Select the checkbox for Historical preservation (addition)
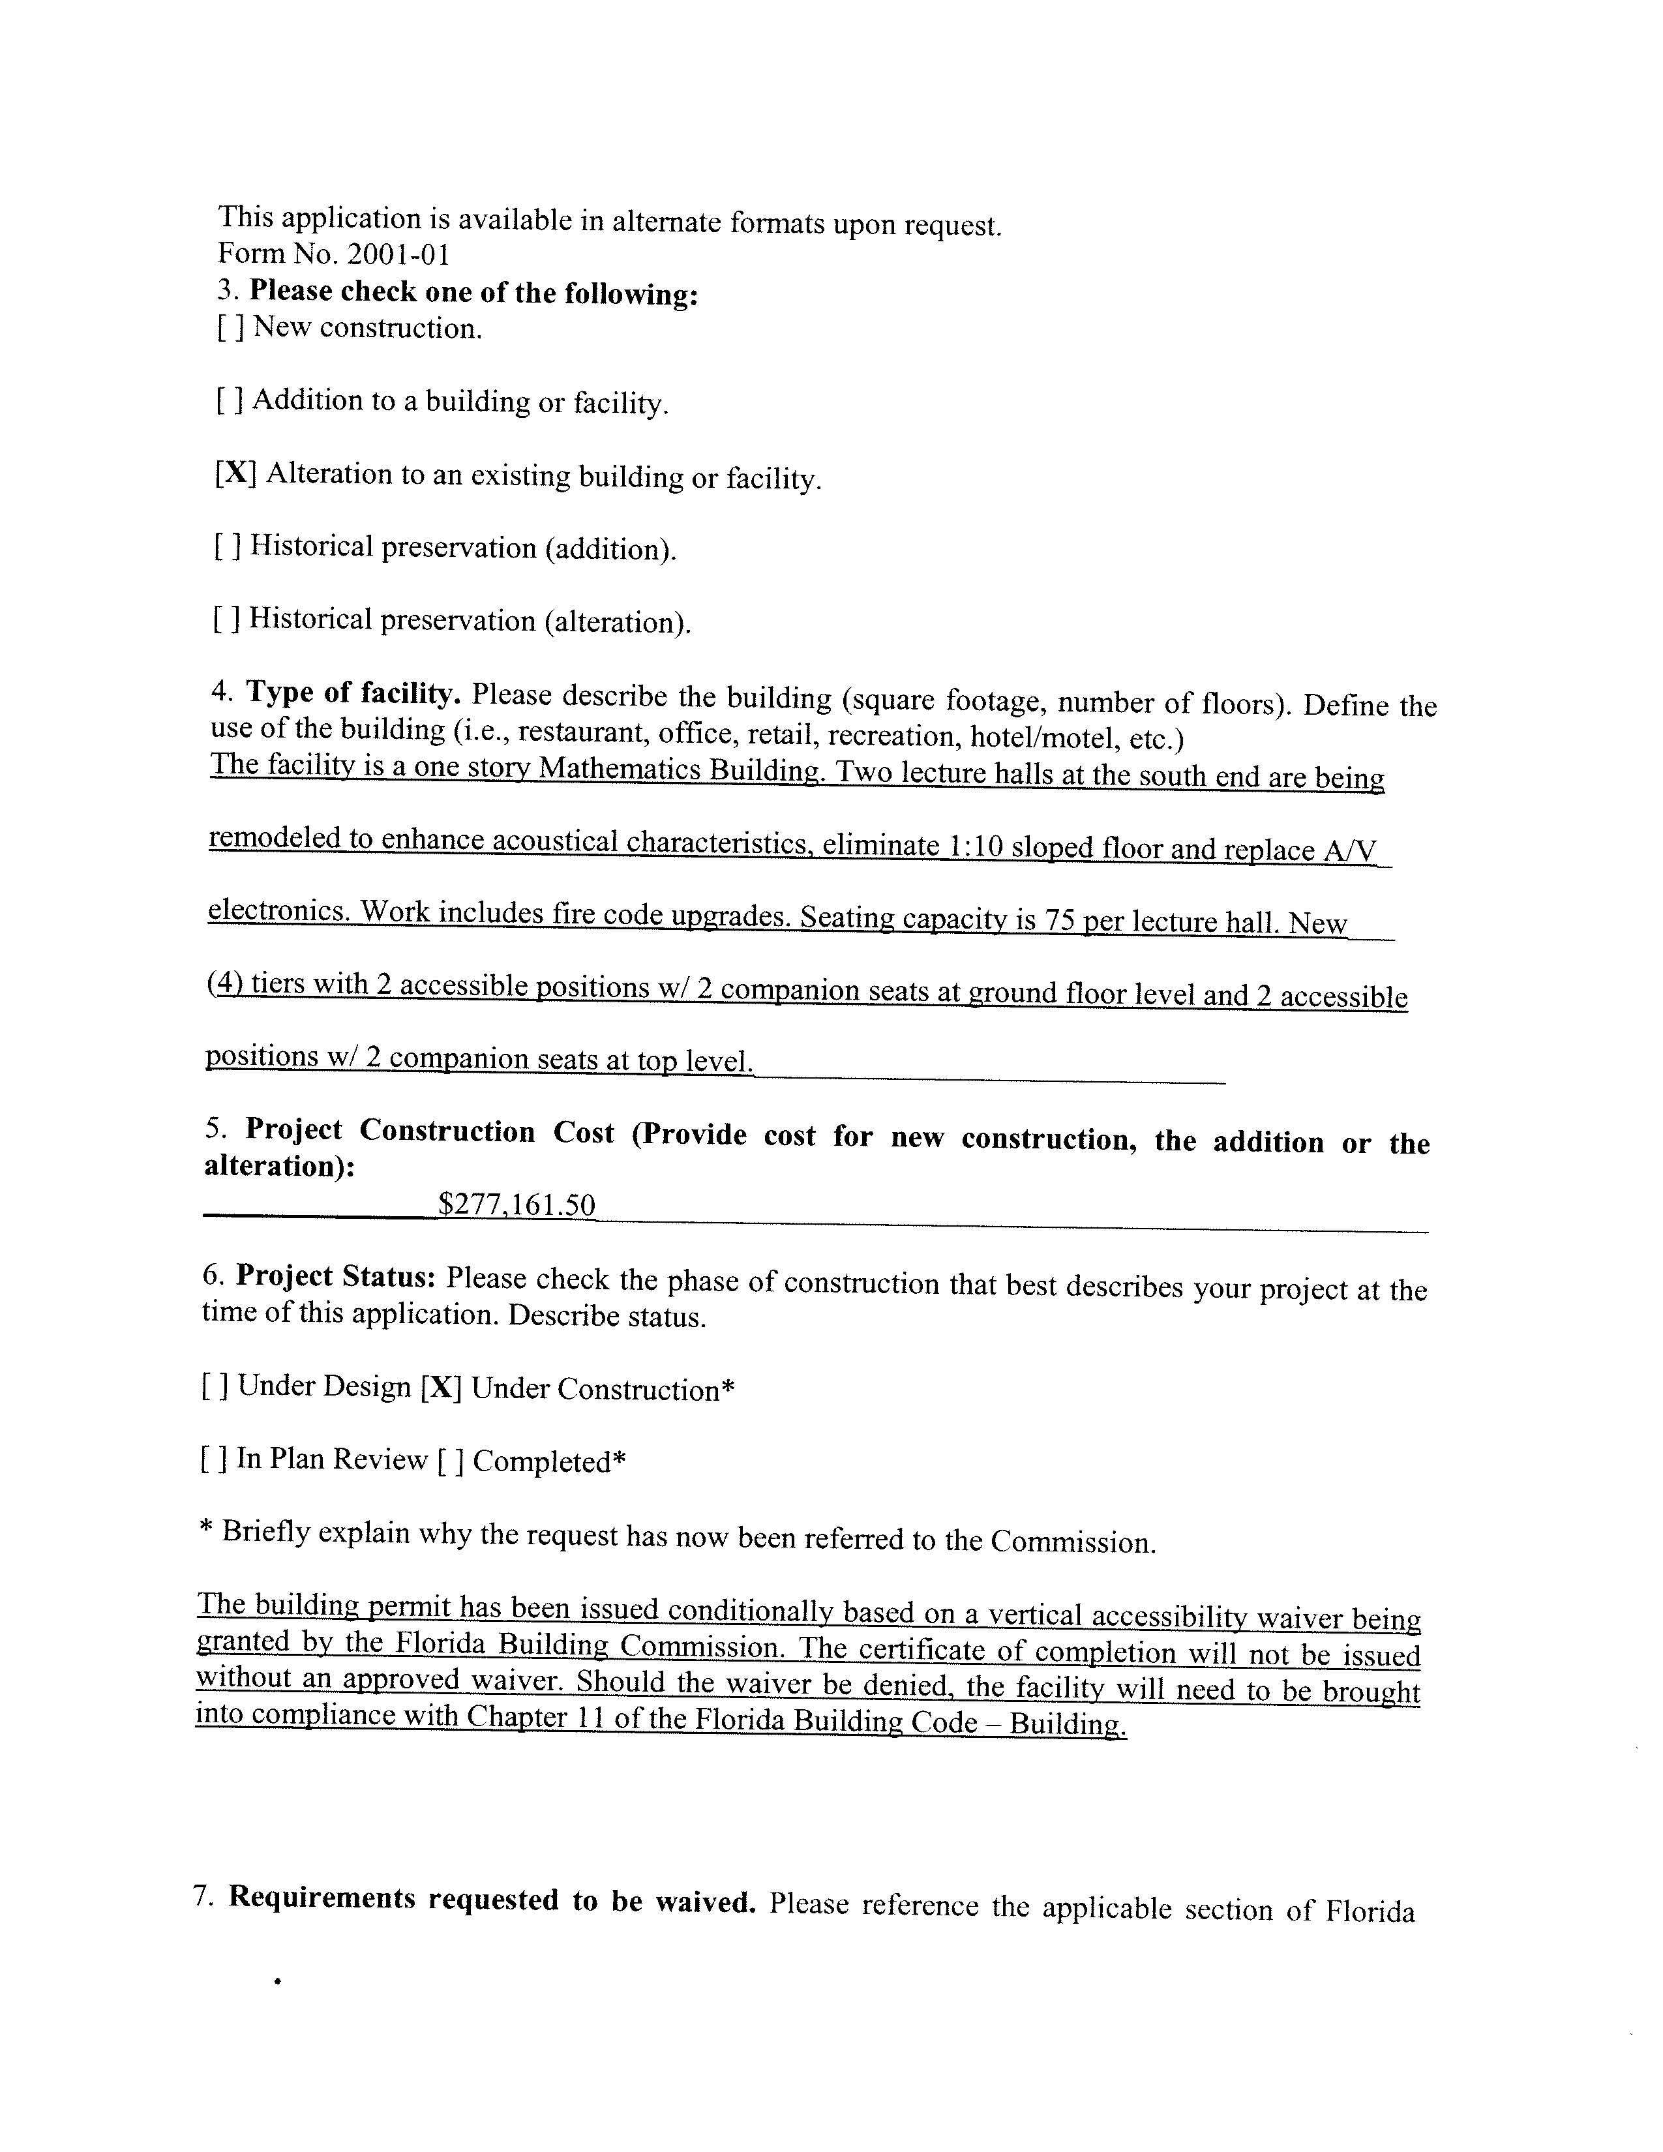[x=226, y=546]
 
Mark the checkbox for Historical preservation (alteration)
[x=226, y=619]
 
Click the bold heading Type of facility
[x=353, y=694]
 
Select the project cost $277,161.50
[x=517, y=1204]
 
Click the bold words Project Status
[x=336, y=1276]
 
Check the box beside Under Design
[x=215, y=1386]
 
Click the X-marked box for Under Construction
[x=440, y=1387]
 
